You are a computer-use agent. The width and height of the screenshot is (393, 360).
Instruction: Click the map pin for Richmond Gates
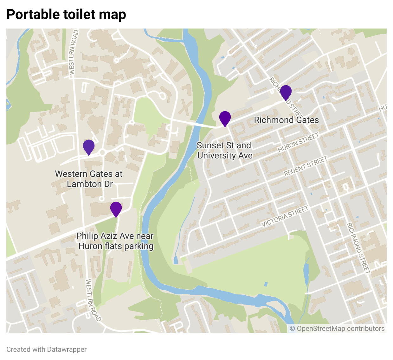click(286, 92)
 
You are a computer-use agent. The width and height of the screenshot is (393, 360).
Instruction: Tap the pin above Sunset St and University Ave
click(225, 118)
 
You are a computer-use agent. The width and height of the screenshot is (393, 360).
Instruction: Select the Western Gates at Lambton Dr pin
click(89, 147)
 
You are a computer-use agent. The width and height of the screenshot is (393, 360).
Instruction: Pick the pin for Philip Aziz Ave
click(116, 209)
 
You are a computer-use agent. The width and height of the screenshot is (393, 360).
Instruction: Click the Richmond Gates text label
click(286, 120)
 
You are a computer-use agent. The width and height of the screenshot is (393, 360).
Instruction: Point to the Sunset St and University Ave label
click(224, 151)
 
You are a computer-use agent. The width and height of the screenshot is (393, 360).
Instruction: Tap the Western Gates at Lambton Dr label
click(89, 179)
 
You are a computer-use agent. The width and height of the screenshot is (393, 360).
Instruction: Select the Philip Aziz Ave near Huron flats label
click(116, 241)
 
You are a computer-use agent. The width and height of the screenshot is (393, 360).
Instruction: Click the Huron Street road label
click(298, 143)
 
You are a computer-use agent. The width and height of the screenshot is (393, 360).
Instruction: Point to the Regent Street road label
click(305, 166)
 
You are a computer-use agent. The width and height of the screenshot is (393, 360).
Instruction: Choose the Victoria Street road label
click(285, 216)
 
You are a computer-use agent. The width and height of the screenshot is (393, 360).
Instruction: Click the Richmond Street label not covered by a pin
click(358, 248)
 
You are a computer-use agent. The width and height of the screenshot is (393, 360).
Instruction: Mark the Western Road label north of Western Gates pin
click(73, 52)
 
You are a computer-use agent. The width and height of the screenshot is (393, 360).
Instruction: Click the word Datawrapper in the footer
click(67, 350)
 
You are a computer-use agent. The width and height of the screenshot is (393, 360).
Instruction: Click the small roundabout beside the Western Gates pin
click(102, 153)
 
